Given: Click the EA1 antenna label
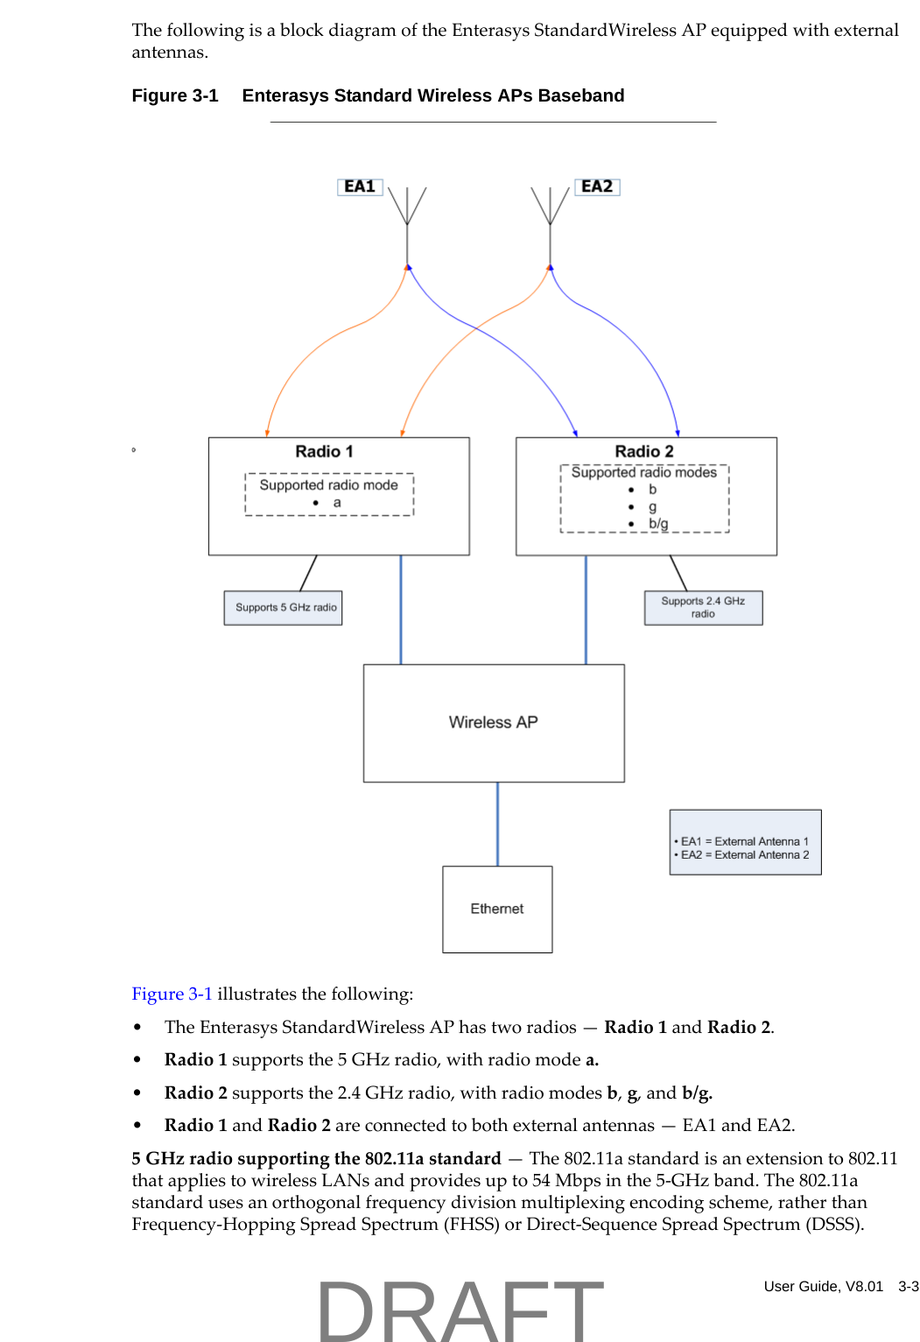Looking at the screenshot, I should tap(360, 186).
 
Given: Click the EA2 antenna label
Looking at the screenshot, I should tap(597, 186).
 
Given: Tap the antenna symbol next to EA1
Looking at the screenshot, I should tap(407, 210).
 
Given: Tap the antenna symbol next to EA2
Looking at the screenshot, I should tap(550, 210).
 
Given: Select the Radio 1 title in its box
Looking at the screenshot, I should tap(324, 452).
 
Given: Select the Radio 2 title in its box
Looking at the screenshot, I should tap(644, 452).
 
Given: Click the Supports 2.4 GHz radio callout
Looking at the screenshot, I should tap(703, 608).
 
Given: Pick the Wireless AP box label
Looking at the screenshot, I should tap(493, 722).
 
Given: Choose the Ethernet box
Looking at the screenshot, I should tap(497, 909).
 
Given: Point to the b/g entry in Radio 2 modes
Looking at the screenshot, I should tap(657, 523).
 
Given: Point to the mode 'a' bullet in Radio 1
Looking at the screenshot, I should tap(336, 502).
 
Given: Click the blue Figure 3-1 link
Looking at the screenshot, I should tap(172, 994).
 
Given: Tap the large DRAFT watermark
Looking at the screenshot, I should tap(460, 1310).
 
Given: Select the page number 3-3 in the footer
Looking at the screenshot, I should tap(909, 1287).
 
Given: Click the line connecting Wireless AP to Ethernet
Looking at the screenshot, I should tap(497, 824).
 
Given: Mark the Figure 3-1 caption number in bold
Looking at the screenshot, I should tap(174, 95).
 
